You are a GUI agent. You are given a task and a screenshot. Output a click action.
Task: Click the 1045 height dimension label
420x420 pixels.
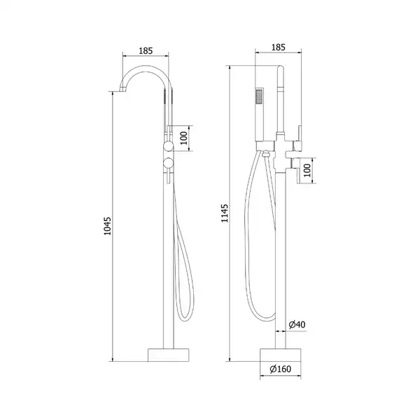[x=107, y=226]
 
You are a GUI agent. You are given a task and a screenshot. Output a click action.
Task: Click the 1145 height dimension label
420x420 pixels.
[x=225, y=213]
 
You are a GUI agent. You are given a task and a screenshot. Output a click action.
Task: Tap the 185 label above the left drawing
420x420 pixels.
[x=146, y=50]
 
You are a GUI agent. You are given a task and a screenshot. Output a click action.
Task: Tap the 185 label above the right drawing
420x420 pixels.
[x=279, y=47]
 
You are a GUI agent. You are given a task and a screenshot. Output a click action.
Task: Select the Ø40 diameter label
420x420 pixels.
[x=297, y=324]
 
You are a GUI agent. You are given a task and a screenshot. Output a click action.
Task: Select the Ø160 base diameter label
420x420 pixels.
[x=281, y=369]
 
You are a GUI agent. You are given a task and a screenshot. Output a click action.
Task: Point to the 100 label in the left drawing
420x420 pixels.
[x=183, y=138]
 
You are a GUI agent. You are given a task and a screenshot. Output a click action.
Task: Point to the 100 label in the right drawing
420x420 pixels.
[x=307, y=170]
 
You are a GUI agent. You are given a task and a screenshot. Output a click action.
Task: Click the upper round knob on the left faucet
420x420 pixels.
[x=169, y=147]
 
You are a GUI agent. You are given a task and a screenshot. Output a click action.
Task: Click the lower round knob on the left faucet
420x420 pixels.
[x=169, y=163]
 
